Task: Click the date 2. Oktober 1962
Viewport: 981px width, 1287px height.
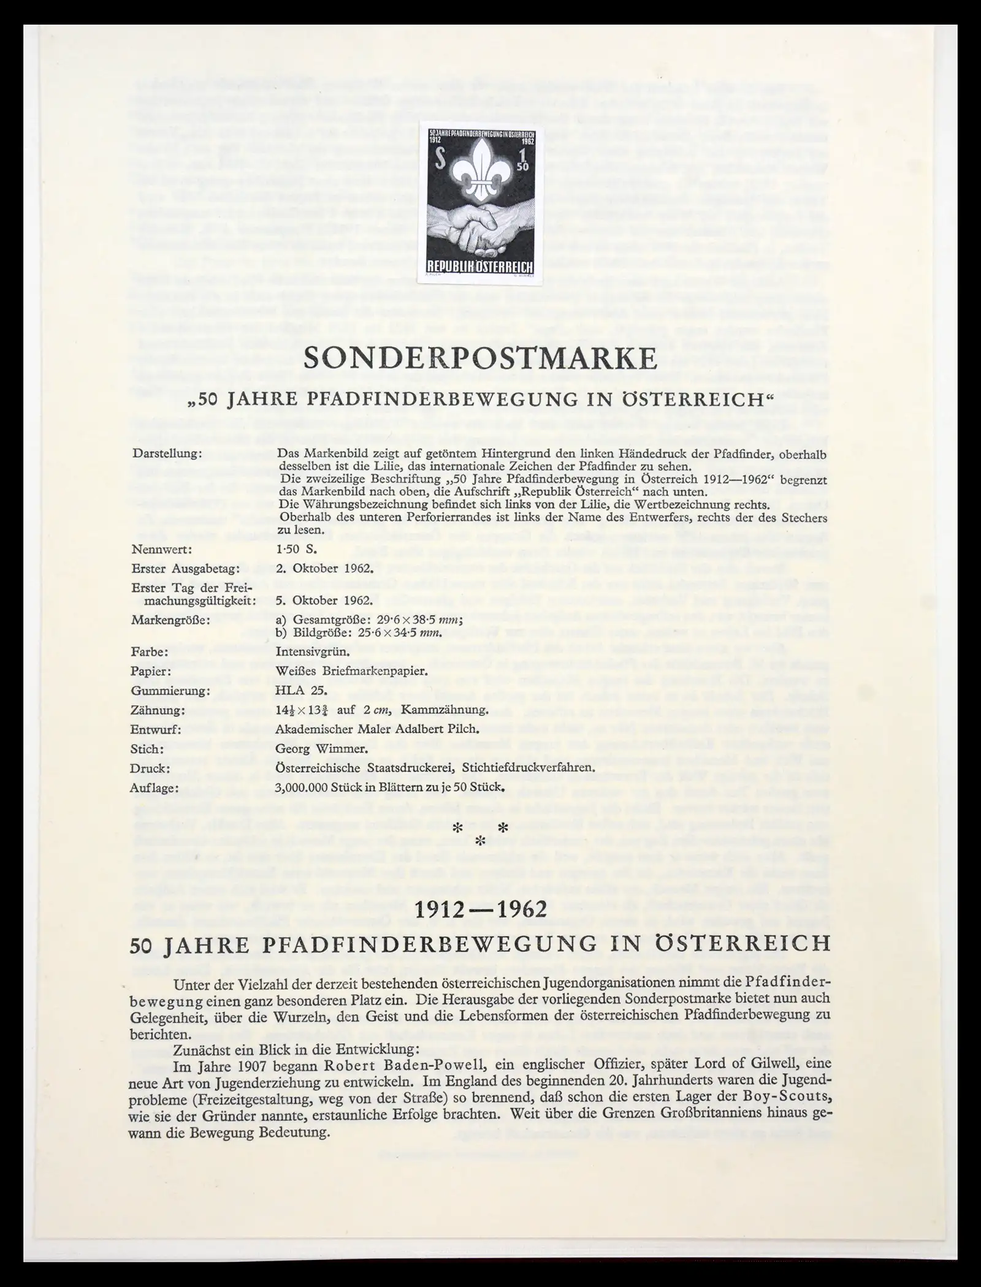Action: coord(324,568)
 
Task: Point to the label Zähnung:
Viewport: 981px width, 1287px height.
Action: coord(158,710)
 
